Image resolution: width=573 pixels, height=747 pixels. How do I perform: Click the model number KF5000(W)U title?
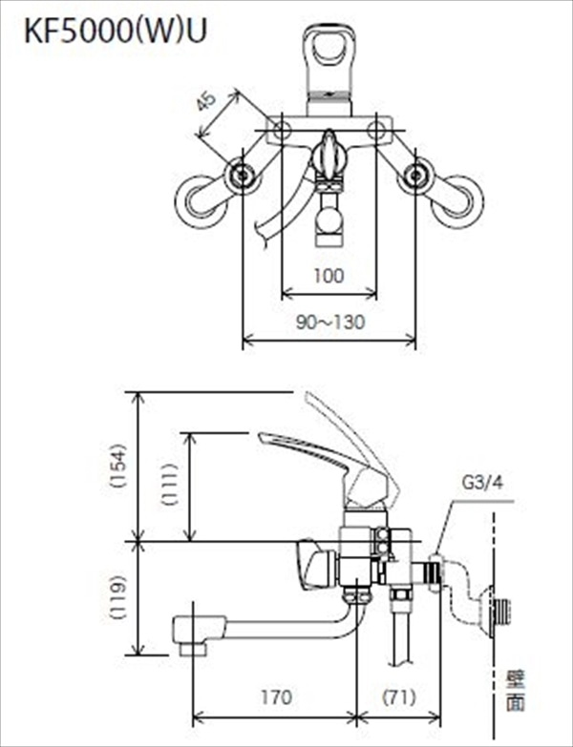pyautogui.click(x=116, y=32)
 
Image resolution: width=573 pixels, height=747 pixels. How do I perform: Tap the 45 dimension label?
pyautogui.click(x=206, y=101)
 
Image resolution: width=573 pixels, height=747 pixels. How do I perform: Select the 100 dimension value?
pyautogui.click(x=329, y=276)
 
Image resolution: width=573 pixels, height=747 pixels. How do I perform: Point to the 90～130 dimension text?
pyautogui.click(x=330, y=322)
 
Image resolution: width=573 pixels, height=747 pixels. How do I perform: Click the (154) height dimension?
pyautogui.click(x=117, y=465)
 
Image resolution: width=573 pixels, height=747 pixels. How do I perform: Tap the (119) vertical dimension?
pyautogui.click(x=117, y=597)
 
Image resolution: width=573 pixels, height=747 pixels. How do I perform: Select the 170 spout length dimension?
pyautogui.click(x=276, y=697)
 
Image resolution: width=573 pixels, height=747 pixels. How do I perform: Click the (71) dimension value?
pyautogui.click(x=399, y=697)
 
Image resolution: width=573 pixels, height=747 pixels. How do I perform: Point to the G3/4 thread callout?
pyautogui.click(x=482, y=484)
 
